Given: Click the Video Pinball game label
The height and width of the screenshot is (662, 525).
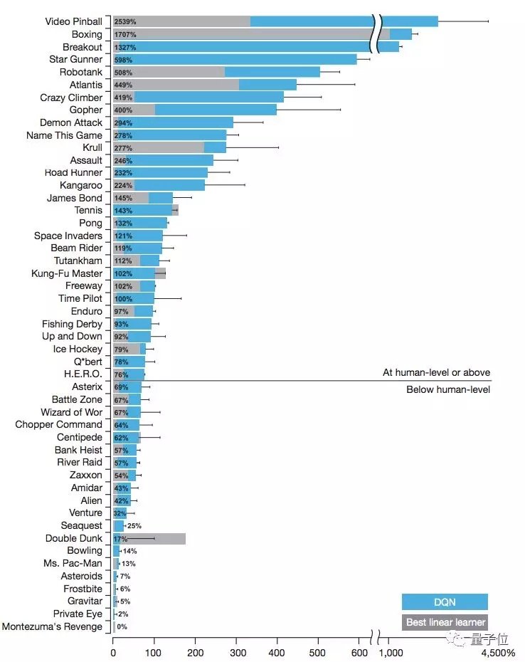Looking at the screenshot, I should [x=73, y=22].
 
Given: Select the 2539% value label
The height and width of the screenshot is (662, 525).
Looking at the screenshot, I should [x=125, y=22].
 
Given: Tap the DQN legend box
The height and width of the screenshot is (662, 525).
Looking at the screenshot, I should [x=445, y=602].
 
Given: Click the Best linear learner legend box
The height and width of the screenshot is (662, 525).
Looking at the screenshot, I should [x=445, y=623].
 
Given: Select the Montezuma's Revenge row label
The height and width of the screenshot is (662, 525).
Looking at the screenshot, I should [x=52, y=627].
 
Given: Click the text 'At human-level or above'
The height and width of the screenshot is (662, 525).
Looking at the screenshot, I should [x=436, y=372].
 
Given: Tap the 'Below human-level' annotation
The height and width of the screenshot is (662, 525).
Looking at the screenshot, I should [x=448, y=389].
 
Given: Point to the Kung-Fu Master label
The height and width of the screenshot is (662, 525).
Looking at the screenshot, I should [x=67, y=273].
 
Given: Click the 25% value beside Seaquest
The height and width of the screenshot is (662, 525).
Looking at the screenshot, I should [x=134, y=526].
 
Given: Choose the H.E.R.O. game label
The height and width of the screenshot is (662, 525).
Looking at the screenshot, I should [x=83, y=374].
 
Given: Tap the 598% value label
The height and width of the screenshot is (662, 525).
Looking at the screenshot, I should [x=123, y=60].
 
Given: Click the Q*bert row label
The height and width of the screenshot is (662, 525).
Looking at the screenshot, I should [x=88, y=362].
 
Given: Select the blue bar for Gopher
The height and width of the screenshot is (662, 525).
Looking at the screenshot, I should [x=213, y=110].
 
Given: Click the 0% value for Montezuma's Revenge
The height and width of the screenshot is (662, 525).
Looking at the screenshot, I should [x=122, y=627].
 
